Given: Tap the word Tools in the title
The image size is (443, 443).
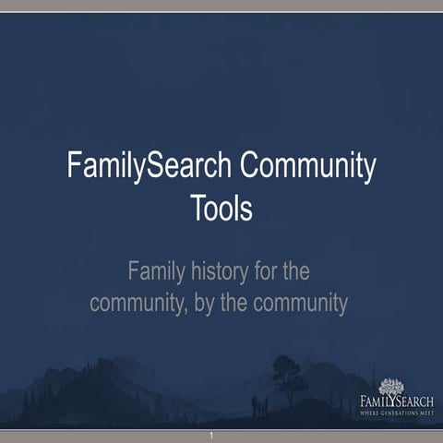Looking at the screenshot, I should pos(221,208).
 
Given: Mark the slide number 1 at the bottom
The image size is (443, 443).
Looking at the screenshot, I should pos(211,435).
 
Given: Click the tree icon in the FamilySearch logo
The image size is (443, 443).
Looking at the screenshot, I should pos(392,387).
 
